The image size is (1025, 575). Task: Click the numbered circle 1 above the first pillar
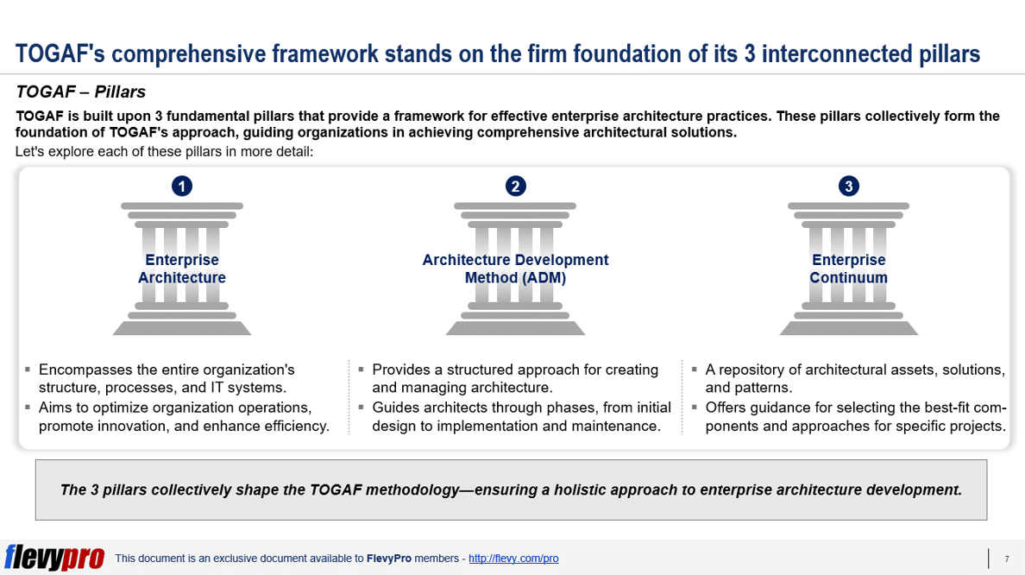click(x=182, y=186)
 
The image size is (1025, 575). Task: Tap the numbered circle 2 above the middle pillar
click(x=515, y=186)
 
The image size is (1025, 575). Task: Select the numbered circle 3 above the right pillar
click(x=848, y=186)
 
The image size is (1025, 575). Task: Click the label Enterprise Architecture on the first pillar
click(x=182, y=269)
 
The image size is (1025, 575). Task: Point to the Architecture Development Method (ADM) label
click(x=515, y=269)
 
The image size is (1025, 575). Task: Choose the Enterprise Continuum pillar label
click(x=848, y=269)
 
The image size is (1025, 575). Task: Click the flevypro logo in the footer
click(x=54, y=558)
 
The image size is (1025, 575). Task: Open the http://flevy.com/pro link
click(x=513, y=559)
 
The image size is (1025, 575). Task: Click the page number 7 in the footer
click(x=1007, y=559)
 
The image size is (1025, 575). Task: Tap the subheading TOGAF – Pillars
click(x=80, y=92)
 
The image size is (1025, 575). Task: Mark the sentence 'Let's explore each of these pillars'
click(x=164, y=152)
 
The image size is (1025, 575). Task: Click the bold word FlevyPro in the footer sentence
click(x=389, y=559)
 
